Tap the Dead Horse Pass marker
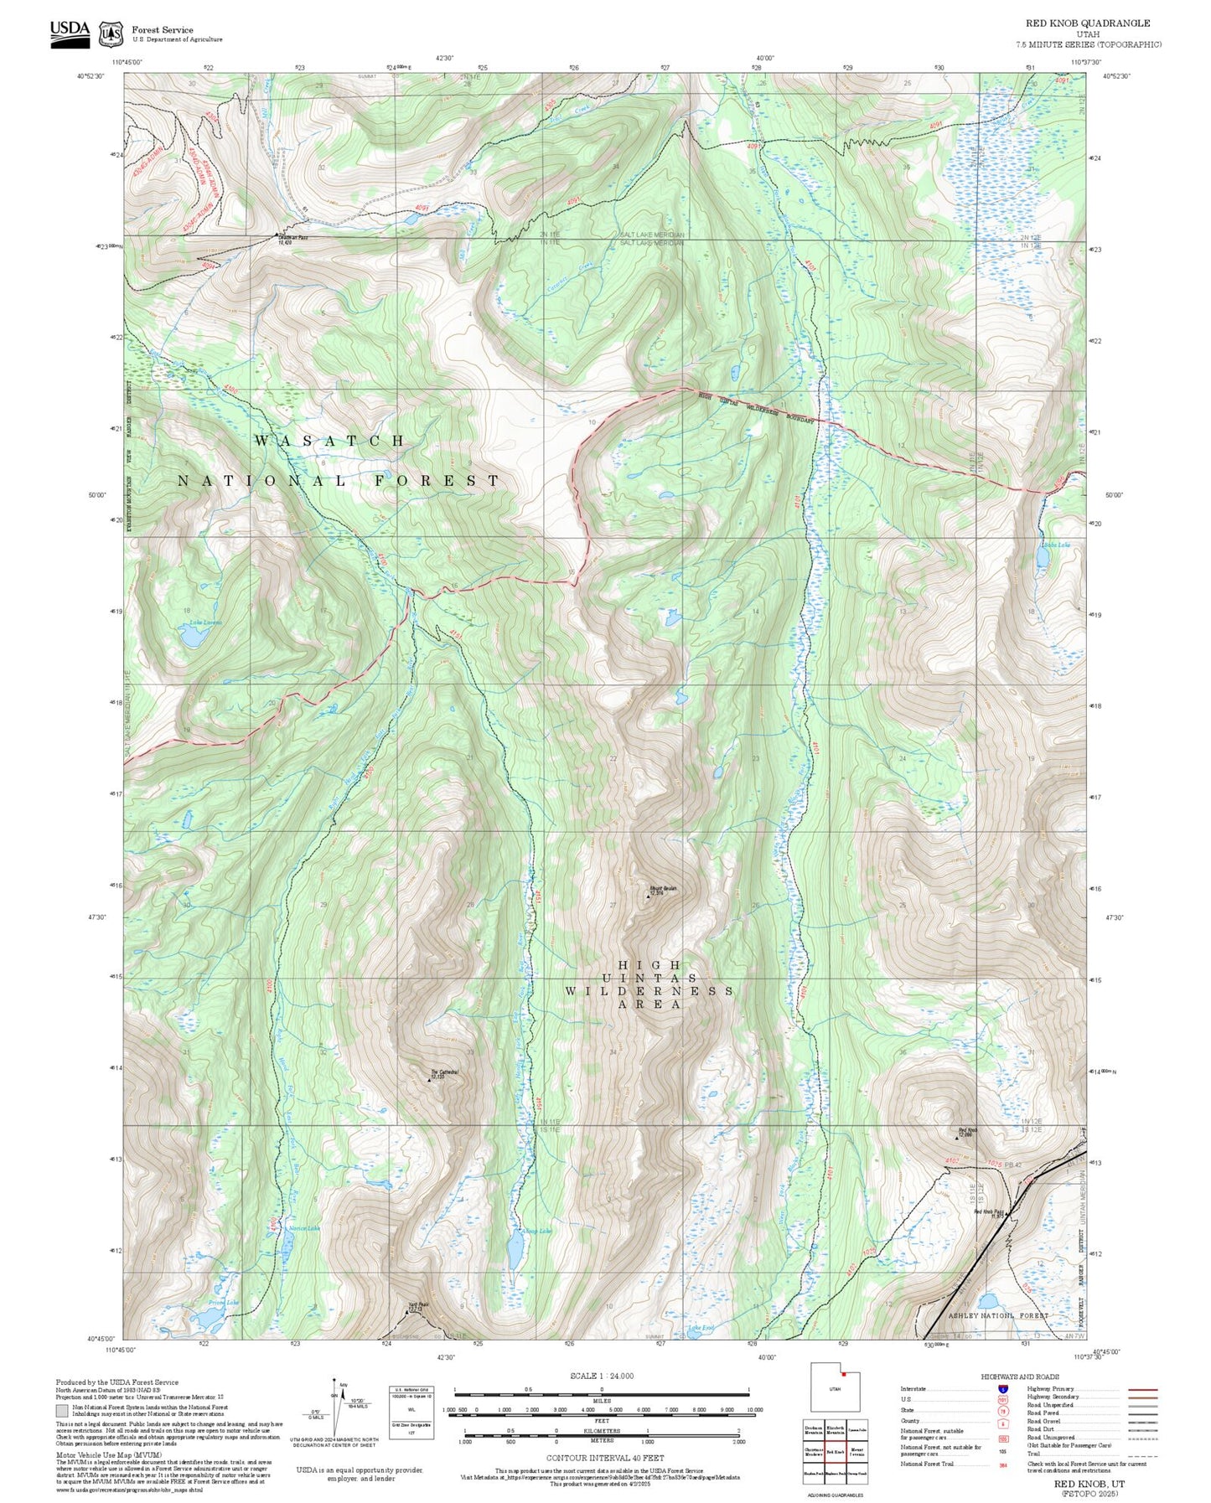tap(277, 235)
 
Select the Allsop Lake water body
tap(515, 1251)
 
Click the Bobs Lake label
tap(1056, 545)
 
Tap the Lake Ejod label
tap(701, 1328)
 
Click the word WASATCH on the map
tap(330, 441)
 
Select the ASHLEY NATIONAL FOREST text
tap(997, 1316)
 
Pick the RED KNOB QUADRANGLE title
tap(1087, 23)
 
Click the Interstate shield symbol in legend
tap(1003, 1389)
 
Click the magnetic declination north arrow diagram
tap(334, 1411)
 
